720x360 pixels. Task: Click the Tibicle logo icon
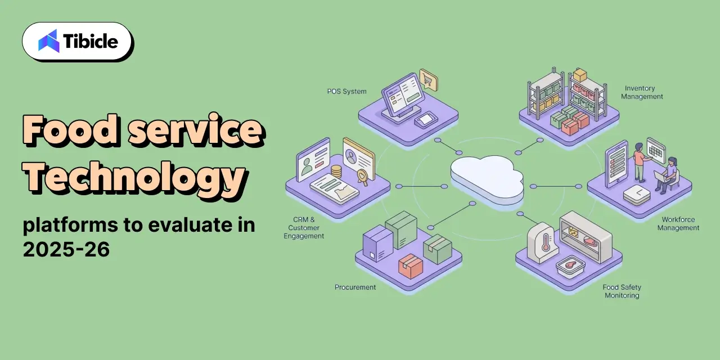click(x=49, y=41)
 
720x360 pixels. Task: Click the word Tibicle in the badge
click(x=91, y=42)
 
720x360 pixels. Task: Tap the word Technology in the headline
click(x=136, y=177)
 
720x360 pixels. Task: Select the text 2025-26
click(x=66, y=249)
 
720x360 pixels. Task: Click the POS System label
click(x=347, y=92)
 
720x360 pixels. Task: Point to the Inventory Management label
click(x=642, y=92)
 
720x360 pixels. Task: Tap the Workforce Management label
click(x=678, y=224)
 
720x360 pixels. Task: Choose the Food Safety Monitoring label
click(x=622, y=291)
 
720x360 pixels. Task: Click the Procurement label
click(x=355, y=287)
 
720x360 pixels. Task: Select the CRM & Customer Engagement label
click(x=304, y=228)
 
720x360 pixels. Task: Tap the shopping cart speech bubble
click(x=429, y=79)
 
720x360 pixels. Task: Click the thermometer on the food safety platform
click(x=545, y=242)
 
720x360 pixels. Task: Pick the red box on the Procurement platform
click(x=411, y=266)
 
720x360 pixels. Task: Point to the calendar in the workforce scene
click(x=656, y=150)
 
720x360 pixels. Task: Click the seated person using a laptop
click(x=668, y=175)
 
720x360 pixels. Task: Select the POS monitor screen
click(x=402, y=93)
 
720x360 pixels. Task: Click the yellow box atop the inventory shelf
click(x=580, y=75)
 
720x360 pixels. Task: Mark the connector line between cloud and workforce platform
click(x=556, y=186)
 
